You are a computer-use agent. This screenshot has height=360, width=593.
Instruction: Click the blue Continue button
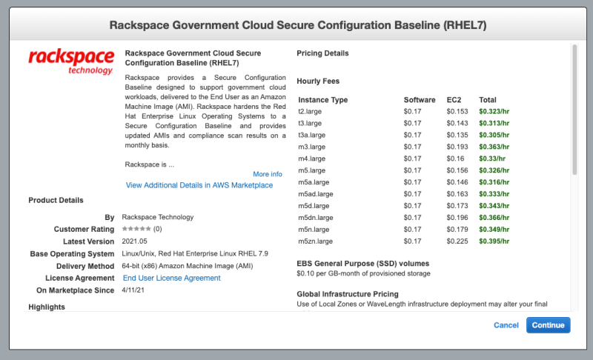[x=549, y=325]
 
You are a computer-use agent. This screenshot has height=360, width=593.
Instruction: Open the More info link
[x=267, y=174]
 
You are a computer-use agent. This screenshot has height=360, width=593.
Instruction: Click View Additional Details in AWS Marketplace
[x=199, y=185]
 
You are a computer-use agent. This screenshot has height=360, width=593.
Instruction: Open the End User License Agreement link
[x=171, y=278]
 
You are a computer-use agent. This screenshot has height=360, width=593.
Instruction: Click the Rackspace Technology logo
[x=71, y=61]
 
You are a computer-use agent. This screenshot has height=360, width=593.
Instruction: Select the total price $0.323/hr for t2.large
[x=494, y=111]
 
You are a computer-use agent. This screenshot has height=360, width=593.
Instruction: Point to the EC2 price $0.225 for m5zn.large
[x=457, y=241]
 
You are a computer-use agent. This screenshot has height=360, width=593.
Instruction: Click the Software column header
[x=420, y=100]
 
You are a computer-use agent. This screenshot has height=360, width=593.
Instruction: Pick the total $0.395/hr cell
[x=494, y=241]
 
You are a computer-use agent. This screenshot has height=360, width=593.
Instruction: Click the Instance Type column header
[x=322, y=100]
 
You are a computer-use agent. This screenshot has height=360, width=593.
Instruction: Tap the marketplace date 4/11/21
[x=135, y=290]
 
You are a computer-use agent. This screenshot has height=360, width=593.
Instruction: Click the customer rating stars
[x=136, y=230]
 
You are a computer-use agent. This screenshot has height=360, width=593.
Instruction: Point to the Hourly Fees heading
[x=318, y=81]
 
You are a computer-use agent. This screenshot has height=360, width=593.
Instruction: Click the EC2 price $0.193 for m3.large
[x=457, y=147]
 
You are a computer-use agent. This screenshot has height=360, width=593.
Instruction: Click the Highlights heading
[x=46, y=307]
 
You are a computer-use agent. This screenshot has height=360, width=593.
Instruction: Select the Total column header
[x=488, y=100]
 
